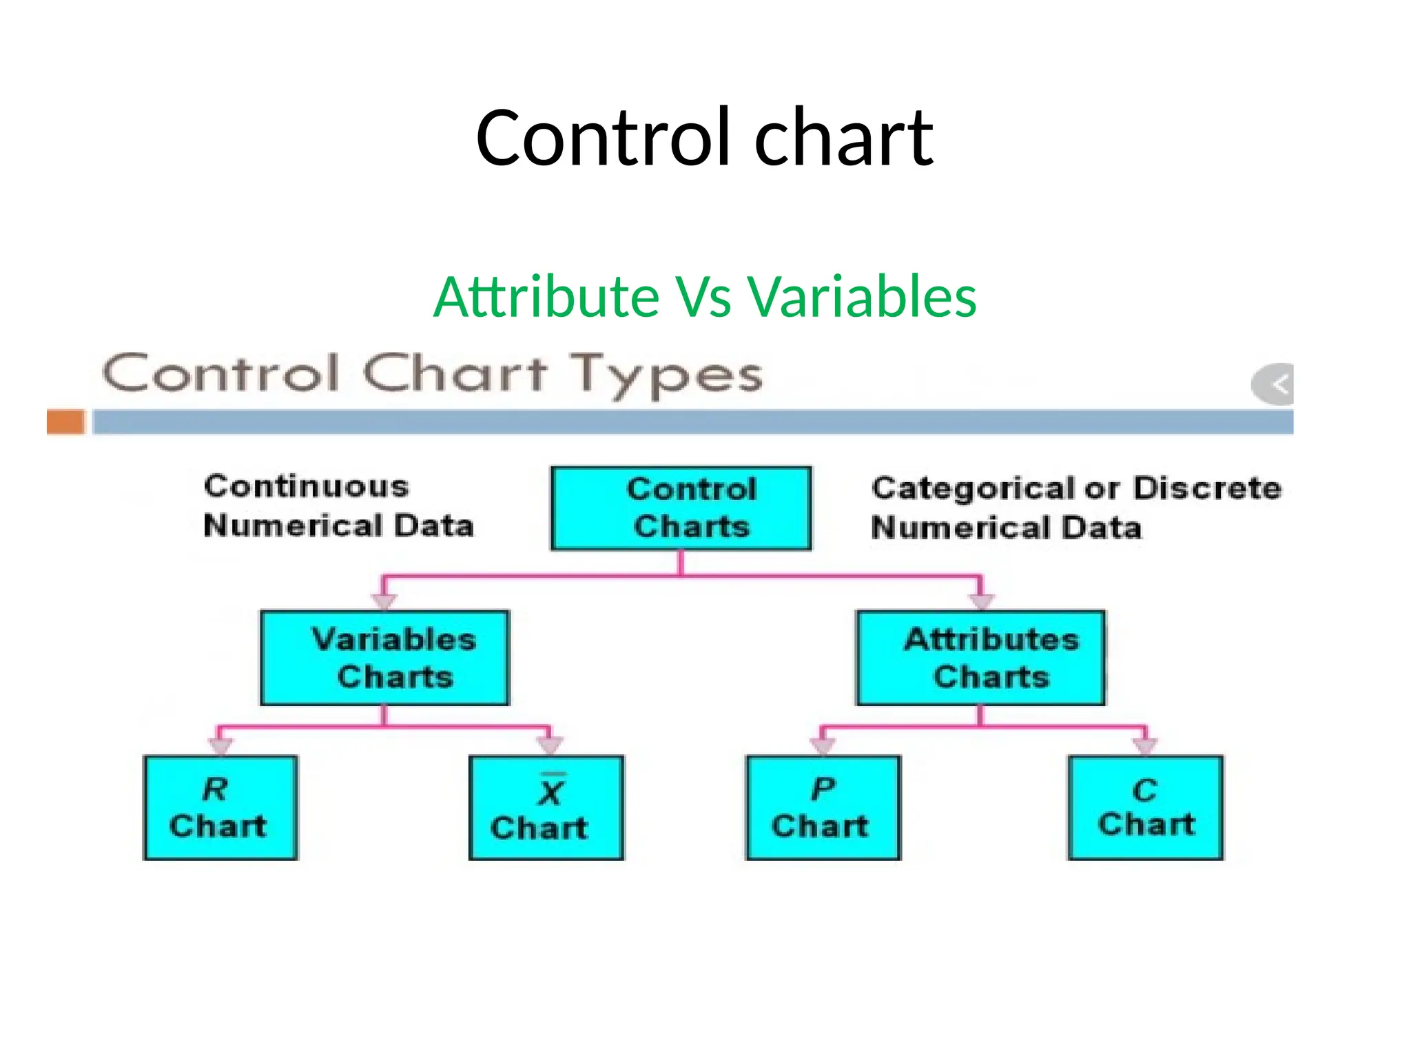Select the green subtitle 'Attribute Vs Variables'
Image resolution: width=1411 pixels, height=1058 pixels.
[704, 297]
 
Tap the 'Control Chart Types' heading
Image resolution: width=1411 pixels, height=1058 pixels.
[433, 375]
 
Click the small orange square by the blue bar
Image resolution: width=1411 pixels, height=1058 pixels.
[65, 422]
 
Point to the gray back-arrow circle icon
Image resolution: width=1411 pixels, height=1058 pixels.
[1274, 384]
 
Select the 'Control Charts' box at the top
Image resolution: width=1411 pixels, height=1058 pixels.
[681, 508]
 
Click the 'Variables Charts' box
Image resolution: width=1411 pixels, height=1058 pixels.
[384, 658]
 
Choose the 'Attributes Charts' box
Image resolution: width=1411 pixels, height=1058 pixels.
[980, 658]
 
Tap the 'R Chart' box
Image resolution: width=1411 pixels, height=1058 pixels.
[220, 807]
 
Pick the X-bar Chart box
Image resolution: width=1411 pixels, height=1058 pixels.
[546, 807]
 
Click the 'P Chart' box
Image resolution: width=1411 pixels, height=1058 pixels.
[823, 807]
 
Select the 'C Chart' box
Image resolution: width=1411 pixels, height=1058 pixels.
[1145, 807]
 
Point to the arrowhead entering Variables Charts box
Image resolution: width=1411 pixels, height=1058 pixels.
[384, 601]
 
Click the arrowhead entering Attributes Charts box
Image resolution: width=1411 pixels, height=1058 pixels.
[981, 601]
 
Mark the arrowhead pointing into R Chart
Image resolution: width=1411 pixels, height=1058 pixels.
[220, 747]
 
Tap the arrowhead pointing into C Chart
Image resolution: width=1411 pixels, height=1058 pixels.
[1145, 747]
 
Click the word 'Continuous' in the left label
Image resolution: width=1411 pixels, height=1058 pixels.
[307, 486]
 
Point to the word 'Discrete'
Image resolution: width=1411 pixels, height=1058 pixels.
[1207, 488]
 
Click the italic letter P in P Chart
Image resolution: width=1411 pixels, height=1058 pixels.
[823, 789]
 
